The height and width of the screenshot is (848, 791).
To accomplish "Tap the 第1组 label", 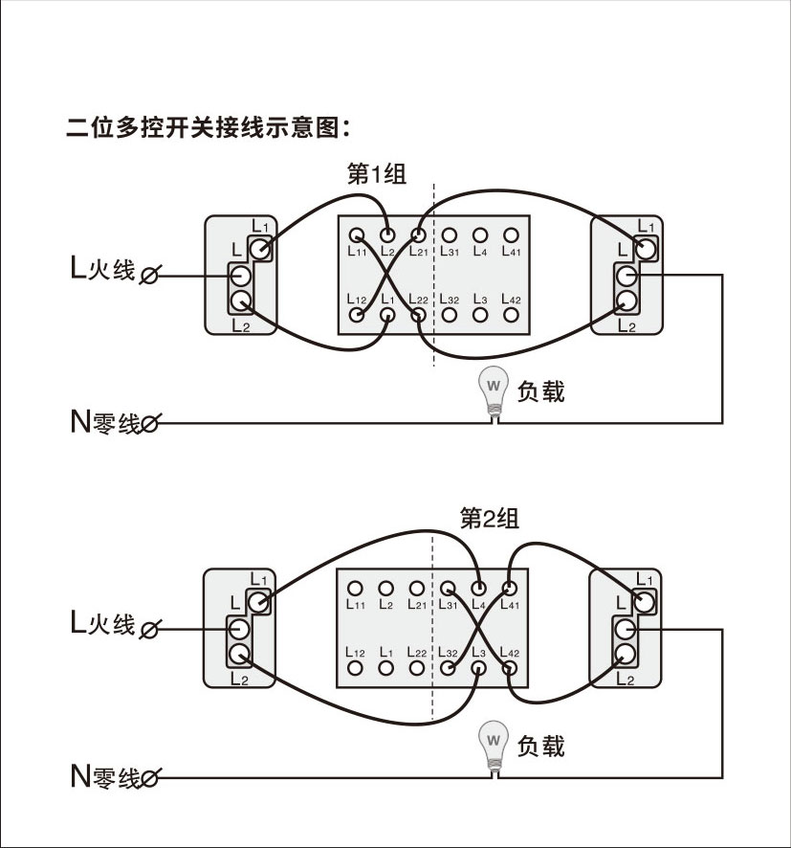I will (376, 173).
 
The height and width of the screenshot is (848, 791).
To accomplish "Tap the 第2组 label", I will (489, 519).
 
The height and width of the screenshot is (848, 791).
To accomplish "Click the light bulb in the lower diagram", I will (494, 743).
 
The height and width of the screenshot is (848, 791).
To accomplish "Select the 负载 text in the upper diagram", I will (540, 391).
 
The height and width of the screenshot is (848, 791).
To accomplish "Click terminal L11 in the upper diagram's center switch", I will (356, 234).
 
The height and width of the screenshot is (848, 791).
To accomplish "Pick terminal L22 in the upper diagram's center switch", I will (417, 313).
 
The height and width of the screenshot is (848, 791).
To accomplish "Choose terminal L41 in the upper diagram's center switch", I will (510, 234).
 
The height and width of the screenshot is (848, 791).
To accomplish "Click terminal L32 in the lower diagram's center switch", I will (448, 667).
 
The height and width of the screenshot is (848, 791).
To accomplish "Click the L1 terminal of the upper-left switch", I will (260, 249).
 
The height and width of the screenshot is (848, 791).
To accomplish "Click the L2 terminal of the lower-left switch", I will (239, 656).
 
